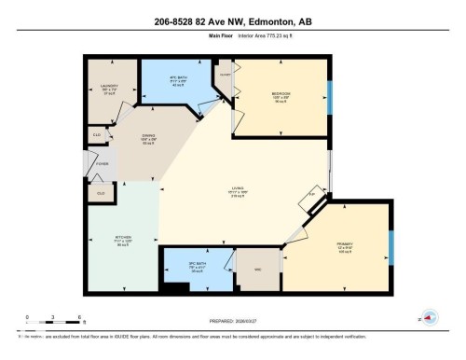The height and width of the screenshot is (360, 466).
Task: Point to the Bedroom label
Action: click(x=281, y=96)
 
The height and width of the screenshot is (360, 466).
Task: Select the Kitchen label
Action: click(x=121, y=241)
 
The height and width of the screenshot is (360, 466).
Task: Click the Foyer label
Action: click(x=102, y=170)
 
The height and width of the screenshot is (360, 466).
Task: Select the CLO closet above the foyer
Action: click(x=96, y=135)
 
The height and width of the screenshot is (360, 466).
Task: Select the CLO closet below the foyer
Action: click(x=101, y=193)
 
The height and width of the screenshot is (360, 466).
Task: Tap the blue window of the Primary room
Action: click(x=391, y=247)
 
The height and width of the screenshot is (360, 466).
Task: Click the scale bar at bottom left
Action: click(x=55, y=320)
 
